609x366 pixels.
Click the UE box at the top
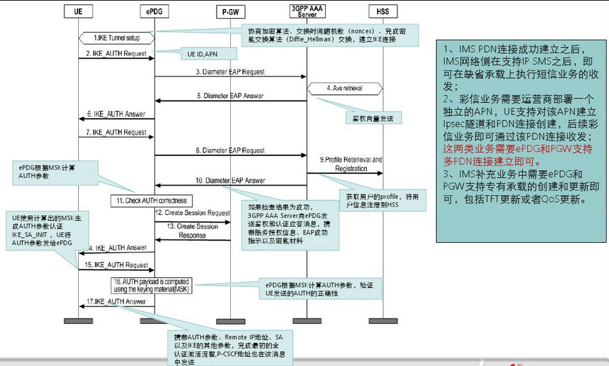point(78,11)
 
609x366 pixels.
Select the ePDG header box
point(154,11)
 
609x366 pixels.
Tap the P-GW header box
point(230,11)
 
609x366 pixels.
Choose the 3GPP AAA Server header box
point(307,10)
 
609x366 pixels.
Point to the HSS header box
point(383,11)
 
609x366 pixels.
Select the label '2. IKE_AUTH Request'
point(116,53)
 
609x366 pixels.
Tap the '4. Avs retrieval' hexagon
point(345,87)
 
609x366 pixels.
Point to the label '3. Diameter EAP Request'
point(231,72)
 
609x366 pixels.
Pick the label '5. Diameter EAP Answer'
point(231,96)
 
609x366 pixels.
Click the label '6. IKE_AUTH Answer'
point(116,114)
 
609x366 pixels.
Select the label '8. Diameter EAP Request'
point(231,150)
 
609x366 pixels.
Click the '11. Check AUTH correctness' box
point(151,201)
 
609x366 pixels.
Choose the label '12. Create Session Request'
point(192,213)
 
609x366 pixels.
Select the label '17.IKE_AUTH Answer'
point(117,301)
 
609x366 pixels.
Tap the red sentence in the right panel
point(519,153)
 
